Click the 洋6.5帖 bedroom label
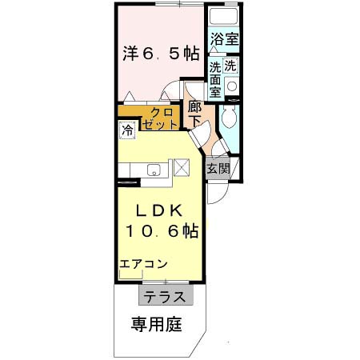point(160,54)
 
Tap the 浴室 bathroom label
point(225,38)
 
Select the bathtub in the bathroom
point(225,18)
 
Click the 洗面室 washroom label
point(215,79)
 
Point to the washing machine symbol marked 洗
point(230,66)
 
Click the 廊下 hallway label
point(194,114)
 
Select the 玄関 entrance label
point(218,169)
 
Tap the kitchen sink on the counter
point(154,169)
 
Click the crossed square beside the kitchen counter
point(182,168)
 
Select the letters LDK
point(159,211)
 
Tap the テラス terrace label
point(166,296)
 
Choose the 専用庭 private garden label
point(157,324)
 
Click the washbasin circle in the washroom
point(232,86)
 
